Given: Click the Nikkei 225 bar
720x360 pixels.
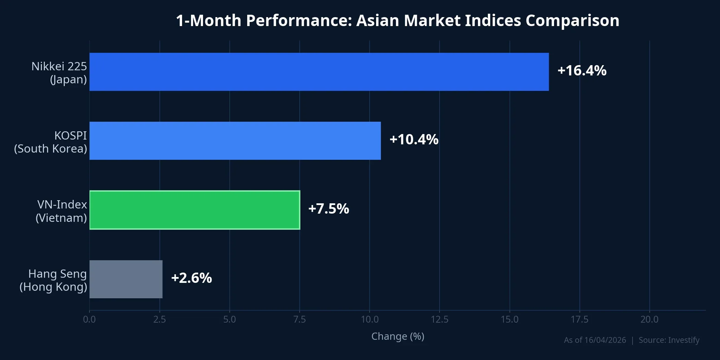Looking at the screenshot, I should coord(319,72).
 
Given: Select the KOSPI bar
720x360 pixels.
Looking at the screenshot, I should coord(235,141).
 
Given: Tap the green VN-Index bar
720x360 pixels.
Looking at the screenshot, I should coord(194,210).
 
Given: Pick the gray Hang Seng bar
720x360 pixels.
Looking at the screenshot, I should coord(126,279).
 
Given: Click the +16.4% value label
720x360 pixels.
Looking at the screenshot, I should coord(582,71).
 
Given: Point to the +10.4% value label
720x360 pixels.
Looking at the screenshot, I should coord(414,140).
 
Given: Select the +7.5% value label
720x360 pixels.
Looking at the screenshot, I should coord(328,209).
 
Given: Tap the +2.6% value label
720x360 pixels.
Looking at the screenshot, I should coord(191,278).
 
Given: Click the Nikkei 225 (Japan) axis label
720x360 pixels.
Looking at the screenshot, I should coord(59,73).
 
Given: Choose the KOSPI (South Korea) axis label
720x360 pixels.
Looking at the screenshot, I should coord(51,142).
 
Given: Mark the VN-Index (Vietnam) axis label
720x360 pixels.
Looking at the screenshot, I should coord(62,211).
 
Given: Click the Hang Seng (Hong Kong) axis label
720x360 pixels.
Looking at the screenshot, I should coord(53,280).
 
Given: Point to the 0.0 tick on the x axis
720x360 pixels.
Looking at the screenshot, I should coord(89,320).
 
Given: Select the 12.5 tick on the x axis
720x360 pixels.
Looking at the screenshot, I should coord(440,320).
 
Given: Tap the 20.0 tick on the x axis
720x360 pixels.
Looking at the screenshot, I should coord(649,320).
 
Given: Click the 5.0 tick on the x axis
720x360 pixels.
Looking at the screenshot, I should coord(229,320).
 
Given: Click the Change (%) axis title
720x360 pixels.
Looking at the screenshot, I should coord(398,336).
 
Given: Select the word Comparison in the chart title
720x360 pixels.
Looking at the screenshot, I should coord(572,21).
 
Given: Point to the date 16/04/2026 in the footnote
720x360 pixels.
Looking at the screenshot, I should coord(605,340).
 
